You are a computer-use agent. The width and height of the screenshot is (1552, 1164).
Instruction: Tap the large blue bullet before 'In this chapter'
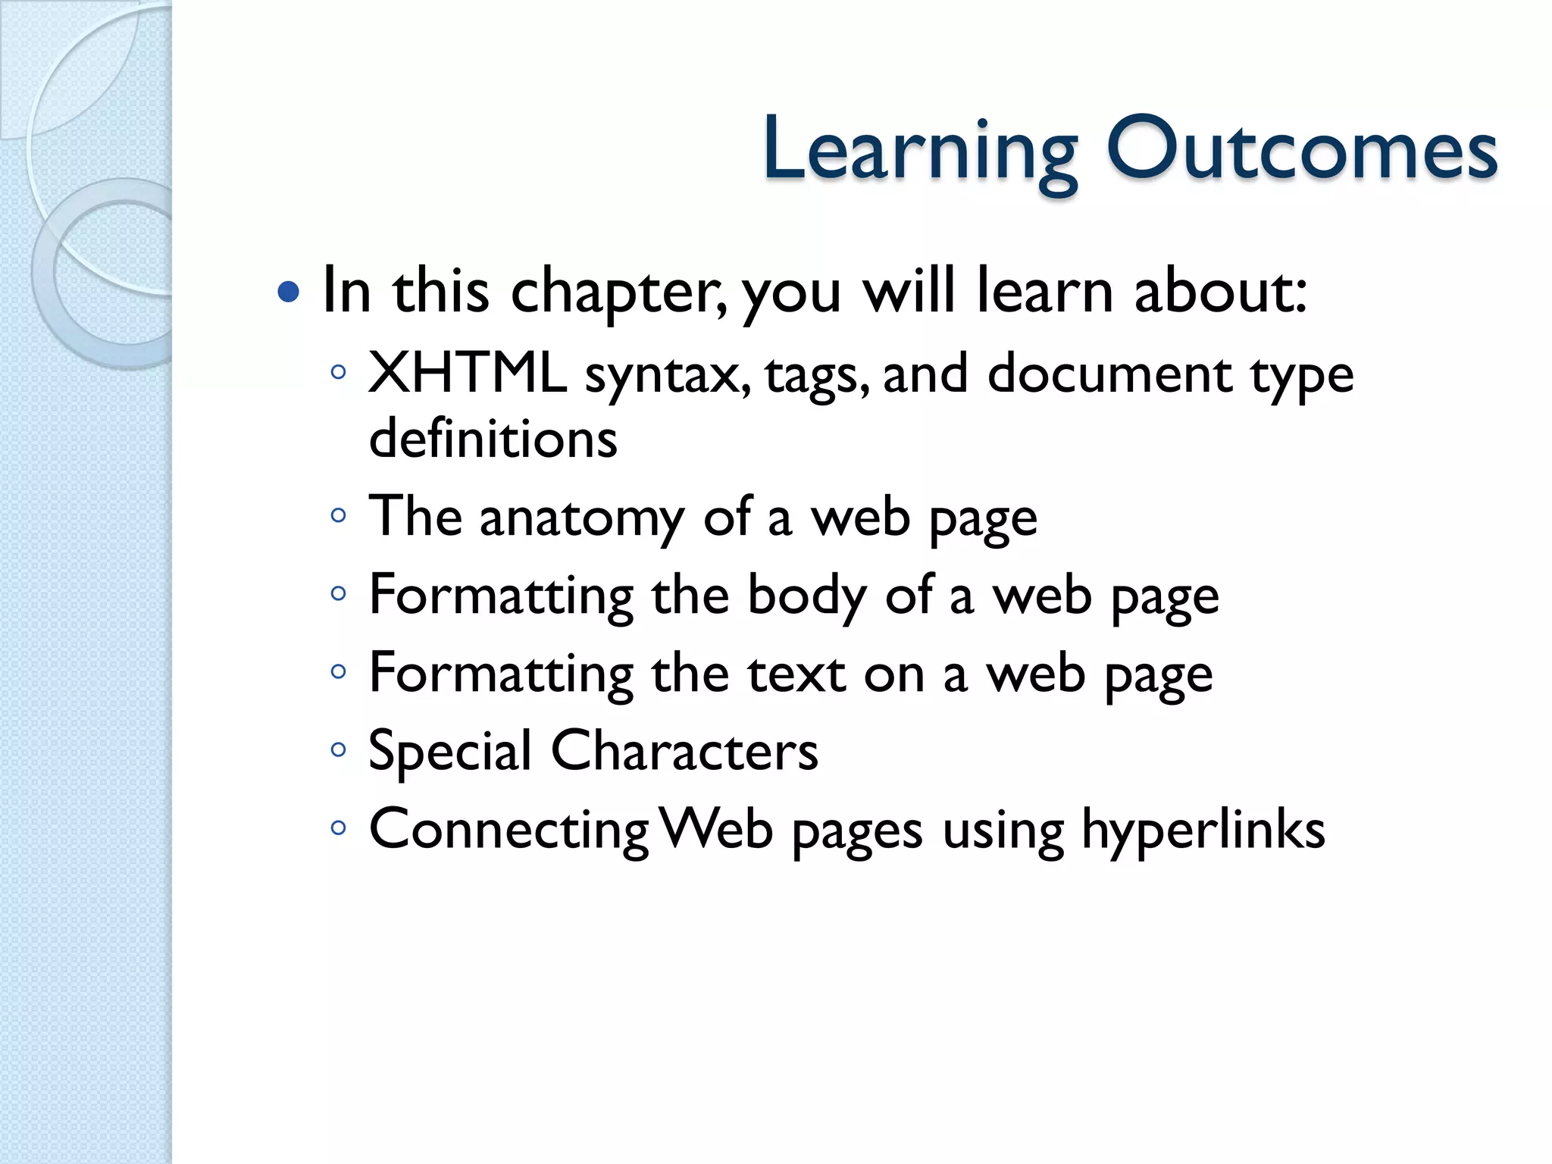(288, 291)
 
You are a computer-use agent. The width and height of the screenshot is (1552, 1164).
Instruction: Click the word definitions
(493, 439)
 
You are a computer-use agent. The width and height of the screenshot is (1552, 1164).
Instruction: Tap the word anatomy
(581, 519)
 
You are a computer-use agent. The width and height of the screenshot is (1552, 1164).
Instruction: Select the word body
(807, 597)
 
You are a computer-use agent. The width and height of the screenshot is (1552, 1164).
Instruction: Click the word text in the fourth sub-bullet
(796, 674)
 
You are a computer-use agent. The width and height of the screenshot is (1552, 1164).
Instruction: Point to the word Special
(450, 753)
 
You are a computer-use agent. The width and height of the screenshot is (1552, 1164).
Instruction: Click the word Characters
(684, 751)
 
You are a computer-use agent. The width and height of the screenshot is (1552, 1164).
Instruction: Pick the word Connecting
(508, 831)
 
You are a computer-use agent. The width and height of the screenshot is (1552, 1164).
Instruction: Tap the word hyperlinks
(1203, 831)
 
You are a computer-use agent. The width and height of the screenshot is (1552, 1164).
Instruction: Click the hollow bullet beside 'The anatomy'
(338, 517)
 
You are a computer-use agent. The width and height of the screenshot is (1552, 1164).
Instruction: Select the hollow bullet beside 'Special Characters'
(338, 750)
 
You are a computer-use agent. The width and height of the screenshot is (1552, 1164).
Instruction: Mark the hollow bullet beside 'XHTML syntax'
(338, 372)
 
